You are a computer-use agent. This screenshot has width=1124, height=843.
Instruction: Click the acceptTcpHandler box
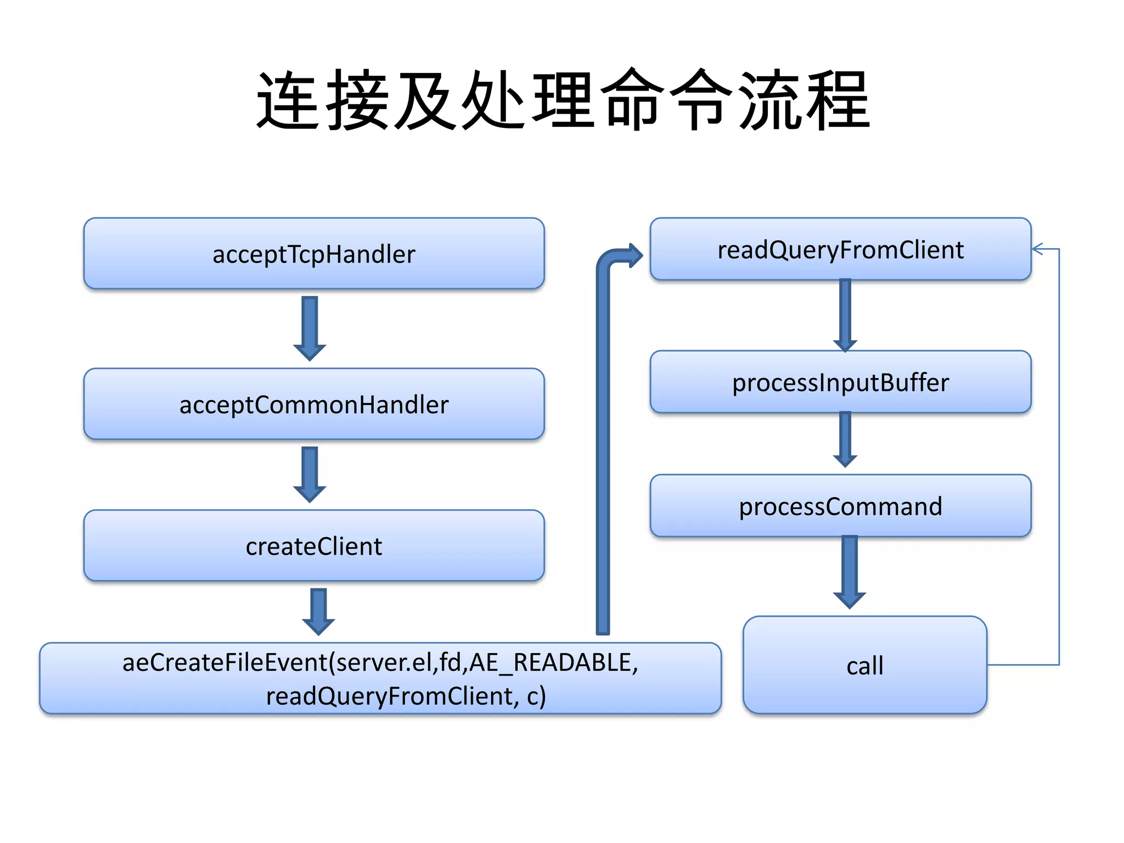pyautogui.click(x=314, y=254)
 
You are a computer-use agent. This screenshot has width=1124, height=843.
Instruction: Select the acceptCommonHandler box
pyautogui.click(x=314, y=404)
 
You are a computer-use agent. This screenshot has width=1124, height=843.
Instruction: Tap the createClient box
pyautogui.click(x=314, y=546)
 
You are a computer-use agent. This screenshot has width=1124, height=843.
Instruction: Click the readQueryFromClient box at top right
pyautogui.click(x=840, y=250)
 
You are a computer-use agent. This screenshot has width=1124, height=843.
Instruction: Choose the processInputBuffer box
pyautogui.click(x=840, y=383)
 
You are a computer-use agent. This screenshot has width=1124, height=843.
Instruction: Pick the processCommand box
pyautogui.click(x=840, y=506)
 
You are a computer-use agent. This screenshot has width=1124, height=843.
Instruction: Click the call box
pyautogui.click(x=864, y=665)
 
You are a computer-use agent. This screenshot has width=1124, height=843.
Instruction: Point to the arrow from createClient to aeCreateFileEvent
pyautogui.click(x=318, y=611)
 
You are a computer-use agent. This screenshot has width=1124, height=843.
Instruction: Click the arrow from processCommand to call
pyautogui.click(x=850, y=571)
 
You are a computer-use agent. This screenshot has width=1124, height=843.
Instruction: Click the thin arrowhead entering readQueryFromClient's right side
pyautogui.click(x=1038, y=249)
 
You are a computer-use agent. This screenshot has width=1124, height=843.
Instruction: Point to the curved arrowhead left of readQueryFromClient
pyautogui.click(x=634, y=255)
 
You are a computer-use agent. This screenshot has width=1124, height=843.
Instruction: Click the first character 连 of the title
pyautogui.click(x=288, y=102)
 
